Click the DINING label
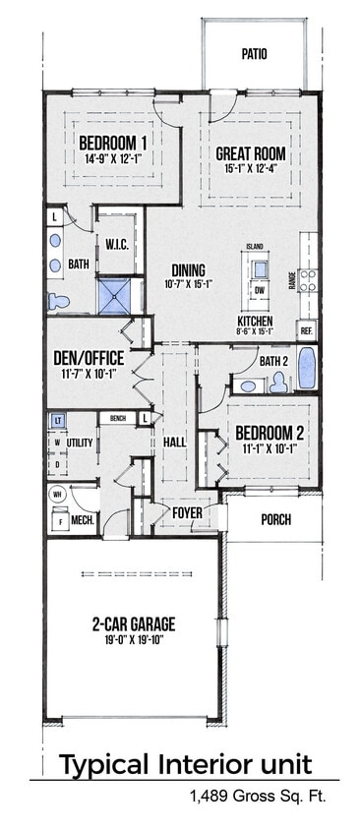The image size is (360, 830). click(188, 269)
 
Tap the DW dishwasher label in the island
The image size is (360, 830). click(260, 290)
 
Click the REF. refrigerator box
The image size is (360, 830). click(307, 330)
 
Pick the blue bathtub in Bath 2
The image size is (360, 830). click(306, 368)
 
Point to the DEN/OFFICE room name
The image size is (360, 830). click(87, 358)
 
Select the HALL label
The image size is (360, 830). click(175, 444)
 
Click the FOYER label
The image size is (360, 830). click(188, 511)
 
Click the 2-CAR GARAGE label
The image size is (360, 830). click(134, 623)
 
